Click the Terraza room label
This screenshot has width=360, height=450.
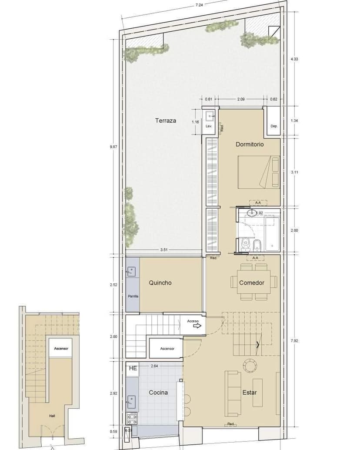(x=166, y=121)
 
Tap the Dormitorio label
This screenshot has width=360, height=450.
(x=250, y=144)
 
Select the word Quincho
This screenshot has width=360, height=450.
(x=160, y=283)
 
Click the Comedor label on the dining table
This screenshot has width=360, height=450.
(x=252, y=283)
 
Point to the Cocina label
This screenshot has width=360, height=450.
(x=158, y=393)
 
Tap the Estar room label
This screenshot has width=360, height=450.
(x=250, y=393)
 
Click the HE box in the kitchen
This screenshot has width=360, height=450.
(x=133, y=368)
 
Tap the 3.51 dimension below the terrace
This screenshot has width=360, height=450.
(x=164, y=250)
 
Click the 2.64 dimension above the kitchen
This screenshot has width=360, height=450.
(x=154, y=366)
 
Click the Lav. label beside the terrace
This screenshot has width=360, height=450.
(x=209, y=126)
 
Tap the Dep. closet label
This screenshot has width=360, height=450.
(x=274, y=126)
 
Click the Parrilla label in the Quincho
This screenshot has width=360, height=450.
(x=133, y=296)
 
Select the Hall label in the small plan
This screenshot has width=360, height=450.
(x=52, y=416)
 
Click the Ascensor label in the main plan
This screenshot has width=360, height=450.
(x=167, y=349)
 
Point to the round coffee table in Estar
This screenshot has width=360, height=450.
(x=250, y=365)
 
